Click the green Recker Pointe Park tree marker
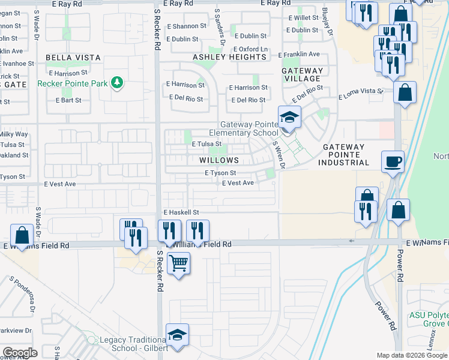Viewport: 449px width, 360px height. [118, 83]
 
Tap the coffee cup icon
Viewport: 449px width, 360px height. [393, 161]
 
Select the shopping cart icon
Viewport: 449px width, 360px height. [178, 262]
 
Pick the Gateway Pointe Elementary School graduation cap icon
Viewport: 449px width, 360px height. [289, 116]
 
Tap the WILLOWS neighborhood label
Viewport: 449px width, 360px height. [219, 161]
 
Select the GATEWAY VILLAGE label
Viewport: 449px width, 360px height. [302, 74]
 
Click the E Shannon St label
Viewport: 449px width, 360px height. [186, 26]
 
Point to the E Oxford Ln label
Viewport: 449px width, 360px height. [250, 49]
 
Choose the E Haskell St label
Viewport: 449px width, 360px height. [181, 212]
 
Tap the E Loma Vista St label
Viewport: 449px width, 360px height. [360, 94]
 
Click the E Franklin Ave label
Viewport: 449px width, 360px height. [299, 54]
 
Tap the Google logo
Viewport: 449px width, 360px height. [20, 353]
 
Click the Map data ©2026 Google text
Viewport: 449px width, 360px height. [412, 356]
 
